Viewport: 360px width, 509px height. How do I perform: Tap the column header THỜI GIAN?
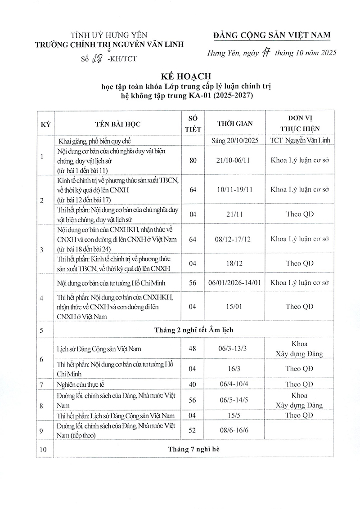[234, 124]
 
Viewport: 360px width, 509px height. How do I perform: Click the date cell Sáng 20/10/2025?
[234, 140]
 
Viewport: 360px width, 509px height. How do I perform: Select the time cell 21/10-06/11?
[234, 160]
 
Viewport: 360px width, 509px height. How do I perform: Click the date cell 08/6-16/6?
[234, 430]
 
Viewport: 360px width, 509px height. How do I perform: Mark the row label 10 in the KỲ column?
[43, 449]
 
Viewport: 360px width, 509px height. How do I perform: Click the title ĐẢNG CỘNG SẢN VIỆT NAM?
[273, 36]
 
